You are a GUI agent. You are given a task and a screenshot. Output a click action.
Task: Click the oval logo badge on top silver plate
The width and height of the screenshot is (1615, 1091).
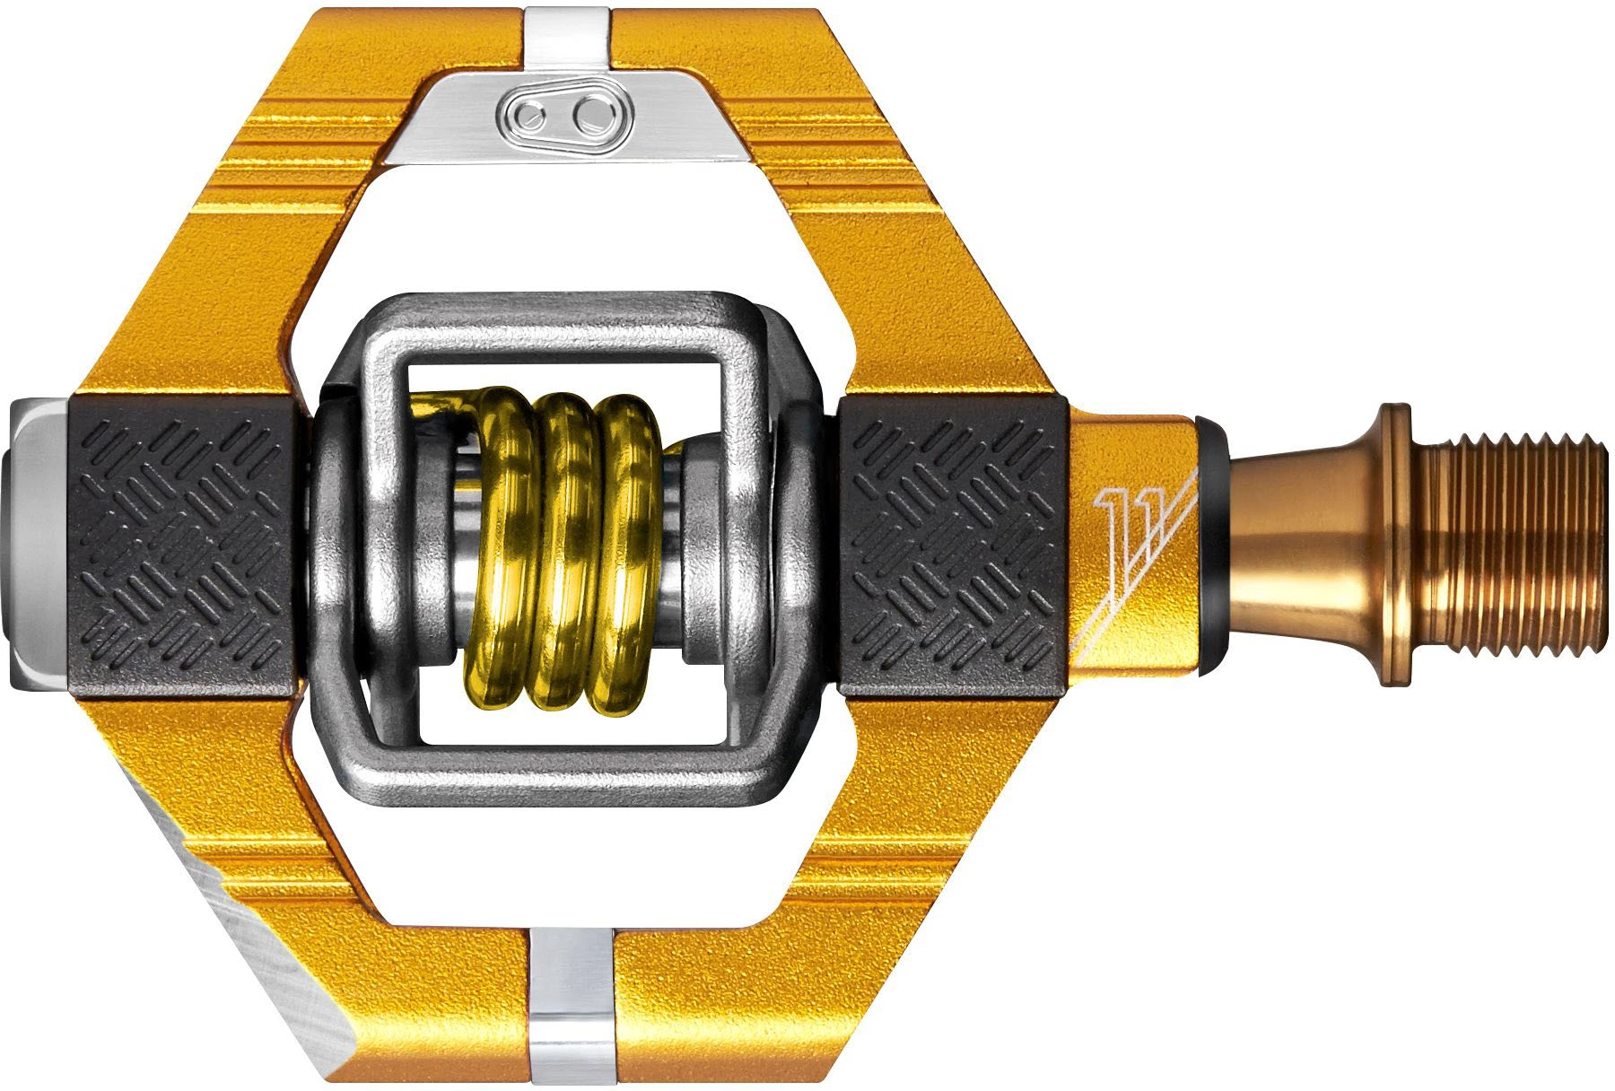[x=564, y=115]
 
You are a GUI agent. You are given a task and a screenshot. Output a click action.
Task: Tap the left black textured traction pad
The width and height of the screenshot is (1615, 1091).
[x=183, y=546]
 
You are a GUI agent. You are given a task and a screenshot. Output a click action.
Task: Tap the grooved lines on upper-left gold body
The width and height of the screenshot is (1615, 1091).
[x=287, y=153]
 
